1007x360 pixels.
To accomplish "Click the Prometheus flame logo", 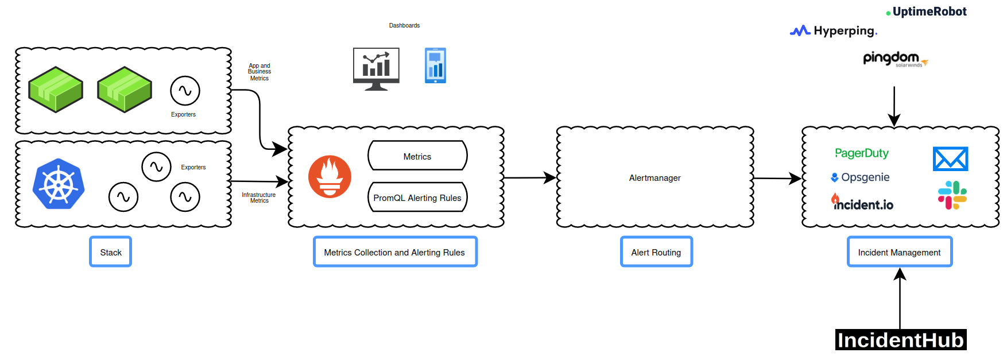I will click(330, 176).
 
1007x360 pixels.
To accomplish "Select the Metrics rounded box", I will click(417, 156).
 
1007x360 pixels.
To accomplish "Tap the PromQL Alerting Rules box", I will click(417, 198).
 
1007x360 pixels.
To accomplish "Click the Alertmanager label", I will click(654, 178).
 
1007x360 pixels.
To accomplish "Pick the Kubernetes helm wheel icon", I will click(59, 184).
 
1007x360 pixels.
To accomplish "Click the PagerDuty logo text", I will click(861, 153).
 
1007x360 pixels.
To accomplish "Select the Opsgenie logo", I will click(860, 177).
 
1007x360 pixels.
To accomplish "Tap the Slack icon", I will click(952, 195).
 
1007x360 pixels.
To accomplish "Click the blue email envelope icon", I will click(950, 159).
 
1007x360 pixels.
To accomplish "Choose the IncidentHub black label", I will click(900, 340).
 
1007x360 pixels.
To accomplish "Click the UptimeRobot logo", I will click(927, 11).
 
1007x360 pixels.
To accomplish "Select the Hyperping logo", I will click(834, 31).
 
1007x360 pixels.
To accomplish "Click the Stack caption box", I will click(110, 252).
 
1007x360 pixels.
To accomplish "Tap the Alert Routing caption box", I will click(656, 252).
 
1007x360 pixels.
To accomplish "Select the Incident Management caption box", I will click(899, 252).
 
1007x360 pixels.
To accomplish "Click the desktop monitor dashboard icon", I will click(376, 68).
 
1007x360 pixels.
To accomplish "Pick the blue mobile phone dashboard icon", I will click(435, 65).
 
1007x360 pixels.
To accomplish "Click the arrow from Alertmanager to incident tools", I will click(777, 179).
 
